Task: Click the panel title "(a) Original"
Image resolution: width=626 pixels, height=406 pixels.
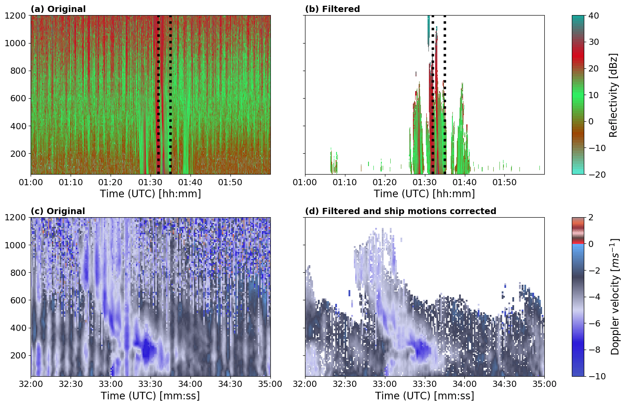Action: (58, 9)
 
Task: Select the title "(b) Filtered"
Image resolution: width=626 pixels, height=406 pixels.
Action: (332, 9)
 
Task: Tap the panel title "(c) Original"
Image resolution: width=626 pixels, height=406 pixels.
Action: (58, 211)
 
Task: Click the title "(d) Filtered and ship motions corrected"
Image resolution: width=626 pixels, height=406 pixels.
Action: (400, 211)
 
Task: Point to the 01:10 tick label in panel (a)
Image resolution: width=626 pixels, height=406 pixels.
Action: (71, 182)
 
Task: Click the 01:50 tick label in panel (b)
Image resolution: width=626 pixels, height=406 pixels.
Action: (504, 182)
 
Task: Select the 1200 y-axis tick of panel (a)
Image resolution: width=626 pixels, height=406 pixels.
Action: (17, 16)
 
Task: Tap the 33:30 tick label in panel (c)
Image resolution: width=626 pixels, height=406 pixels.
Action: (151, 384)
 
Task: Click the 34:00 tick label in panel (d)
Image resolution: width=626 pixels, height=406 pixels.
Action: (464, 384)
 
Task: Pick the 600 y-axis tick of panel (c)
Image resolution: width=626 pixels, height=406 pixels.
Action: (20, 300)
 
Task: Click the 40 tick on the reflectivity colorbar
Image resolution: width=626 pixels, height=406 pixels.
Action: (594, 16)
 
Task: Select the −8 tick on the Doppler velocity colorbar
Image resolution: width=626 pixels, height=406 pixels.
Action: (593, 350)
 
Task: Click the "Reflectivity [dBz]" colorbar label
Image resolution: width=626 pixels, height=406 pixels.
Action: (613, 95)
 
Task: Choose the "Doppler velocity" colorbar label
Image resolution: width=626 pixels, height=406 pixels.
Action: (615, 297)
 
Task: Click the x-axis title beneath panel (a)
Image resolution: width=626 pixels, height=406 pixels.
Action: (150, 194)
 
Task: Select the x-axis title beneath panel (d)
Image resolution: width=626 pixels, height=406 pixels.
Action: (424, 396)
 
